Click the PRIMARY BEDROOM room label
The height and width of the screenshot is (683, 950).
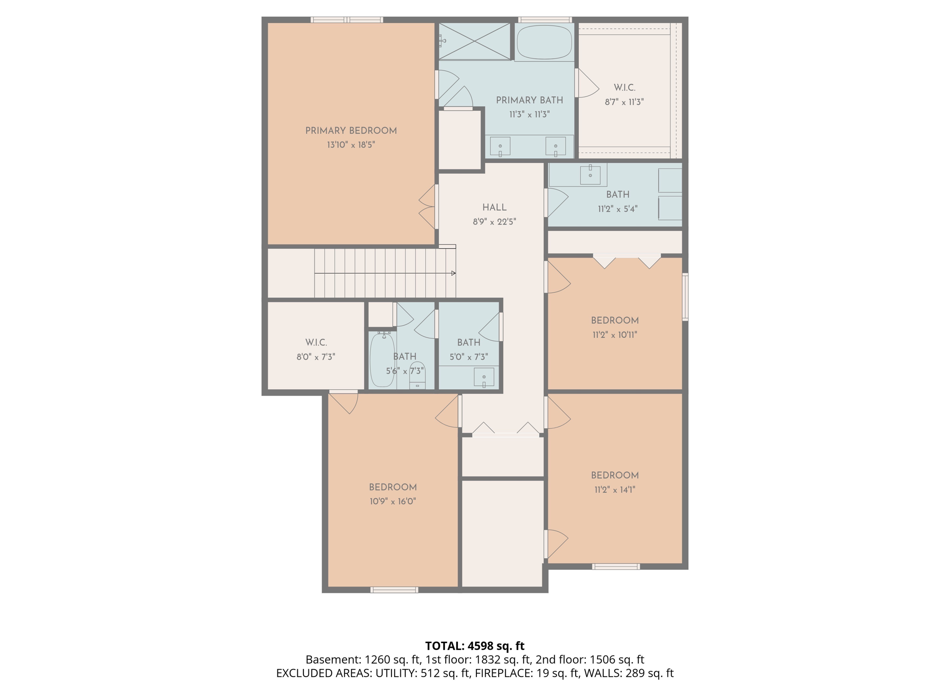pyautogui.click(x=351, y=131)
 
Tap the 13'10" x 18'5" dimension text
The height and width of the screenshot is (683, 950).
pyautogui.click(x=351, y=145)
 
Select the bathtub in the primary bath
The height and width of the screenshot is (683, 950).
pyautogui.click(x=544, y=42)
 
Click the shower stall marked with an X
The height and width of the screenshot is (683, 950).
pyautogui.click(x=475, y=41)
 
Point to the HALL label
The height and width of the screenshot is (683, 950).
pyautogui.click(x=494, y=207)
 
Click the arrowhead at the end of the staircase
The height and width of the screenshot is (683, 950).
pyautogui.click(x=454, y=273)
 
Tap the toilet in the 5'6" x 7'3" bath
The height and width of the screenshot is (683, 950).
pyautogui.click(x=417, y=375)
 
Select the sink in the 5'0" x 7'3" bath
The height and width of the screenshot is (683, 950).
pyautogui.click(x=484, y=377)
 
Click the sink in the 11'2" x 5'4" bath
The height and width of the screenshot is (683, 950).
pyautogui.click(x=590, y=174)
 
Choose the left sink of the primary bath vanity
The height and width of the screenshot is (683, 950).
pyautogui.click(x=500, y=147)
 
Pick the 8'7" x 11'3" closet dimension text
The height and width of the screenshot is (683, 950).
pyautogui.click(x=624, y=102)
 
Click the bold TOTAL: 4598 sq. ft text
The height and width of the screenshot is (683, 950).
pyautogui.click(x=475, y=646)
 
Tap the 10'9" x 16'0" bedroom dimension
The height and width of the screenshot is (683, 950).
pyautogui.click(x=392, y=502)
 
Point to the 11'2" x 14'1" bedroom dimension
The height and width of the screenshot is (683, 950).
pyautogui.click(x=615, y=490)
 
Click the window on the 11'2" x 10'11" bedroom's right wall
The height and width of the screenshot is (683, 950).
pyautogui.click(x=685, y=297)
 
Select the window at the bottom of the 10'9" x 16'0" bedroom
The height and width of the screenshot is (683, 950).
pyautogui.click(x=394, y=590)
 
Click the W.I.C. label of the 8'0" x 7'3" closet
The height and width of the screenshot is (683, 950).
pyautogui.click(x=316, y=343)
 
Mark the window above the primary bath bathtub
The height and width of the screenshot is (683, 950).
pyautogui.click(x=545, y=20)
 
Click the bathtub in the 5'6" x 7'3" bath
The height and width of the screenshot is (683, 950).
pyautogui.click(x=383, y=360)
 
